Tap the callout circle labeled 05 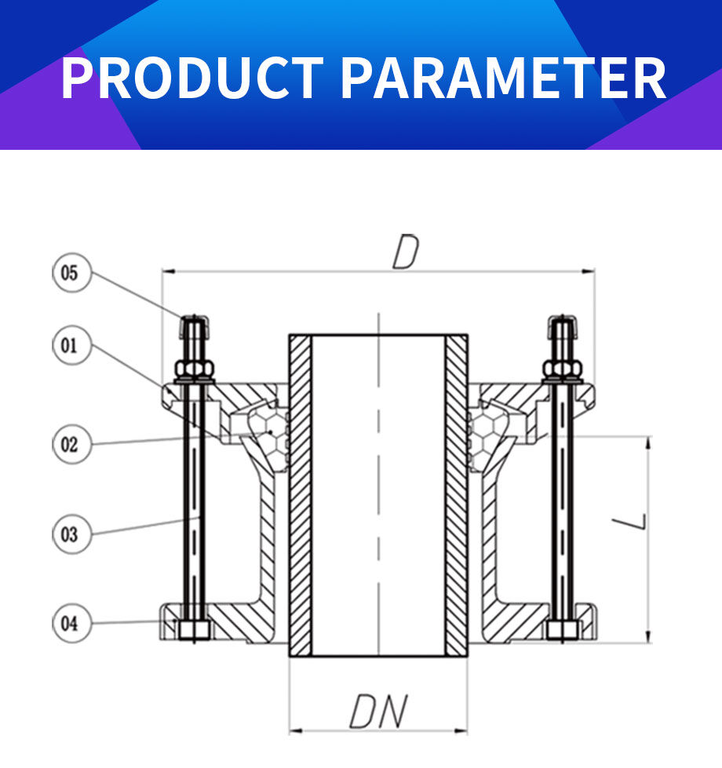click(x=70, y=273)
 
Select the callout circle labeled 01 click(x=70, y=346)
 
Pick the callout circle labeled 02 click(x=70, y=444)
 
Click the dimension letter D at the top click(x=406, y=253)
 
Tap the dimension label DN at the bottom click(x=378, y=712)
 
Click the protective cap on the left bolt click(x=193, y=326)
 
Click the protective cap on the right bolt click(x=562, y=326)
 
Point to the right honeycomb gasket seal click(x=487, y=435)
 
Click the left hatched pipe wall click(x=301, y=494)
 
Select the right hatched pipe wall click(x=456, y=494)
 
